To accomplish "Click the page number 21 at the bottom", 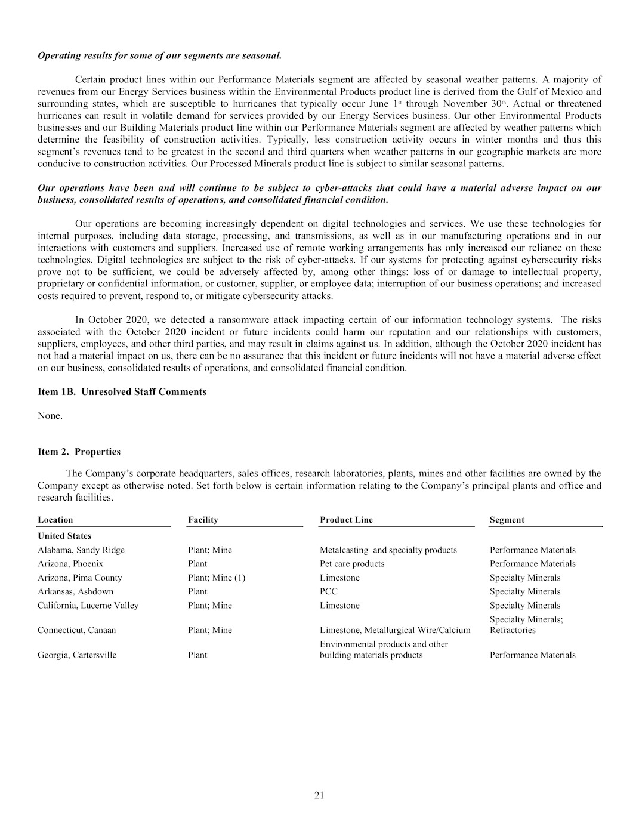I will pos(319,795).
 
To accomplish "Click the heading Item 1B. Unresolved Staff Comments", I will pos(122,392).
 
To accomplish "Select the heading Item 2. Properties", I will pos(79,452).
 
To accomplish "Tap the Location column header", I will pos(55,520).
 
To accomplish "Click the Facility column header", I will pos(203,520).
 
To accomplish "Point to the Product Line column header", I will pos(346,520).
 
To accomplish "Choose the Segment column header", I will pos(507,520).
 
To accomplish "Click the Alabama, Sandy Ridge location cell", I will pos(81,550).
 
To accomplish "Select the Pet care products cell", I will pos(352,564).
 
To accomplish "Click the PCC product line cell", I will pos(329,591).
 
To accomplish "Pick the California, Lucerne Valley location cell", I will pos(88,606).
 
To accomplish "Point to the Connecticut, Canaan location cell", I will pos(76,630).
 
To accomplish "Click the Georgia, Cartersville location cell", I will pos(77,655).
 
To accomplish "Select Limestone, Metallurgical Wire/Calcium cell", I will pos(395,630).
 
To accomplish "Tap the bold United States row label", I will pos(64,536).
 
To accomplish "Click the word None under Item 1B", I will pos(50,416).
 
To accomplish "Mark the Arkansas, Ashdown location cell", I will pos(75,591).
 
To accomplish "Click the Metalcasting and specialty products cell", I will pos(388,550).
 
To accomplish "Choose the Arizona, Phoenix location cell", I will pos(70,564).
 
